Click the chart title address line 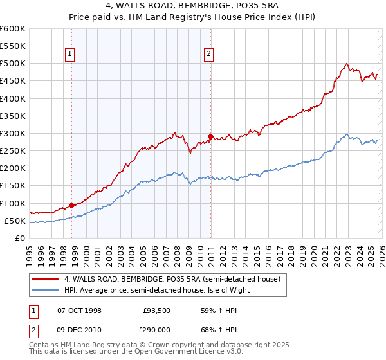[x=192, y=6]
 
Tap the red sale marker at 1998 [x=71, y=205]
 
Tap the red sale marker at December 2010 [x=210, y=136]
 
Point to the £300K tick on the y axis [x=13, y=134]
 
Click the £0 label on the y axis [x=19, y=238]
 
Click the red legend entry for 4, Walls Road [x=172, y=280]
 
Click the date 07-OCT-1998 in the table [x=79, y=310]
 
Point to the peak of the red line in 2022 [x=347, y=64]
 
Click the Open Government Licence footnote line [x=135, y=353]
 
